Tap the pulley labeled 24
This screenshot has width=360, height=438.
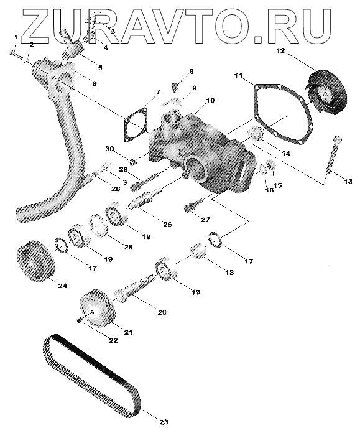(35, 261)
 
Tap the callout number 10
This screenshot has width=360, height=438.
(210, 100)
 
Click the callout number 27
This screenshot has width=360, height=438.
(205, 220)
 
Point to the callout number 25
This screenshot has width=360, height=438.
(128, 247)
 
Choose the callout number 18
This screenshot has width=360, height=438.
(229, 273)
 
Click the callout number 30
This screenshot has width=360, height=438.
(109, 149)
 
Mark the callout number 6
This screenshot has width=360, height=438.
(95, 83)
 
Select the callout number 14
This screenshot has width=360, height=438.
(286, 153)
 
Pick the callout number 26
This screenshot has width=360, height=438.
(167, 225)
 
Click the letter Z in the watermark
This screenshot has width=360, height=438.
(35, 25)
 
